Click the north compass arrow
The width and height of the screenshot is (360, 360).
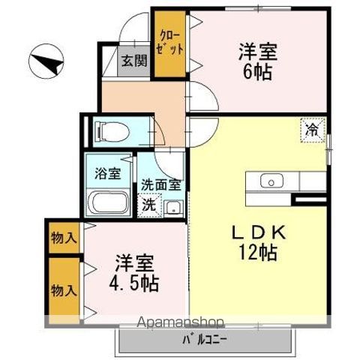click(47, 62)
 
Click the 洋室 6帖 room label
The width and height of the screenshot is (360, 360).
click(258, 61)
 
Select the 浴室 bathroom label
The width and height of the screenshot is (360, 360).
click(108, 174)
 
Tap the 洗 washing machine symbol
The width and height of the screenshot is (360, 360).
click(149, 203)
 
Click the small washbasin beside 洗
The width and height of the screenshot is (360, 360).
click(172, 207)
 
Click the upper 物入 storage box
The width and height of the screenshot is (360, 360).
click(64, 238)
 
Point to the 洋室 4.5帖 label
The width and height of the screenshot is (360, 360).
click(135, 274)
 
